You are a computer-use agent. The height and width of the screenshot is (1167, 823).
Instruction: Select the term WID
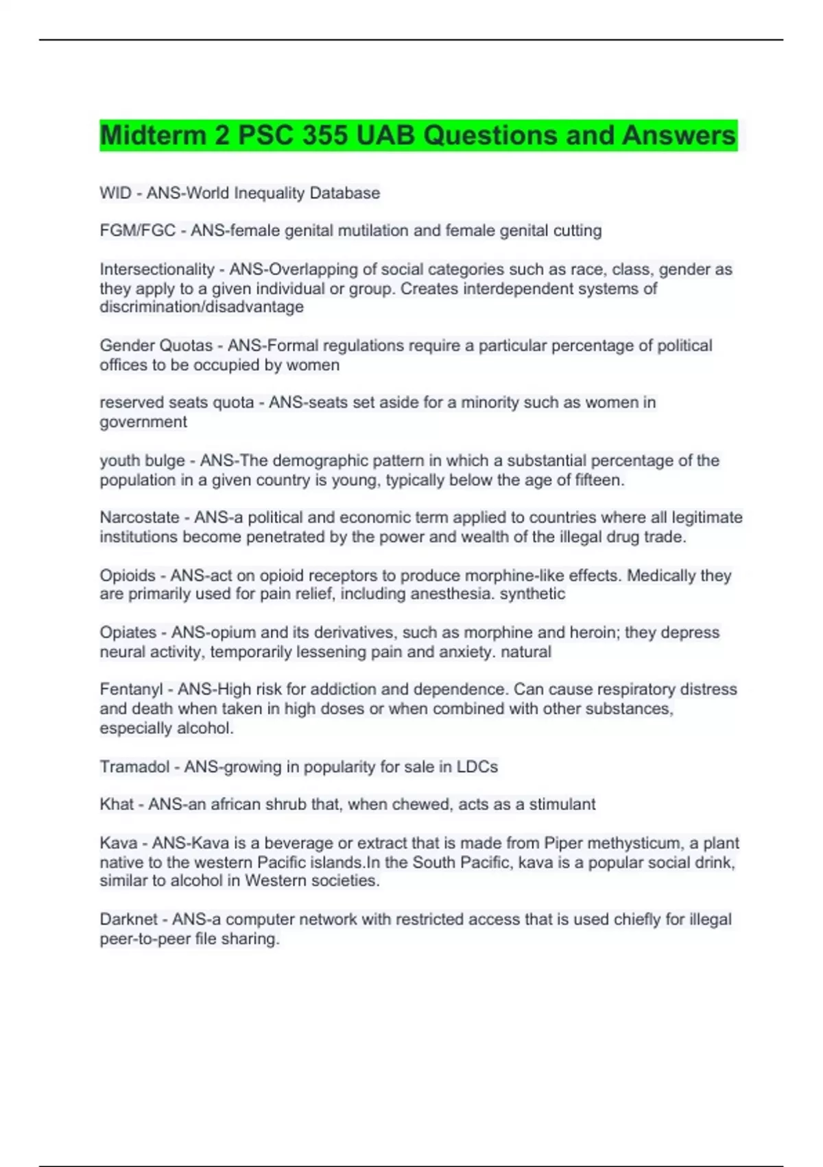(x=115, y=193)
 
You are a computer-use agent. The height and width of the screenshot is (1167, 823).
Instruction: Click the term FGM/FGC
(x=137, y=231)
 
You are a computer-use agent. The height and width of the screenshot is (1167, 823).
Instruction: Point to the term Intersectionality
(x=157, y=269)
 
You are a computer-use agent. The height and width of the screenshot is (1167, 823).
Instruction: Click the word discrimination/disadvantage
(x=202, y=307)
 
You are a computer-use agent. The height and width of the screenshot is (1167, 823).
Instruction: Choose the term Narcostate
(x=139, y=518)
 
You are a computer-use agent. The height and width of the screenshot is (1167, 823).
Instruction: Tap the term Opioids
(x=128, y=575)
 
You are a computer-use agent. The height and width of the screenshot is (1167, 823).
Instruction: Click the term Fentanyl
(x=131, y=689)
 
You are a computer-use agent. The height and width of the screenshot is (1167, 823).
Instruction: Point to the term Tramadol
(x=134, y=767)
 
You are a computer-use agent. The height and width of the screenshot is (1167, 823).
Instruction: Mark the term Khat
(x=117, y=804)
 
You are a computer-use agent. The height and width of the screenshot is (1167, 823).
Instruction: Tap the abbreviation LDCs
(x=477, y=767)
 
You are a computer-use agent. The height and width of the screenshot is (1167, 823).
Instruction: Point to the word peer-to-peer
(x=145, y=938)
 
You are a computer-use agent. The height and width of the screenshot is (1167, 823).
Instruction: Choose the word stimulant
(x=561, y=804)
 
